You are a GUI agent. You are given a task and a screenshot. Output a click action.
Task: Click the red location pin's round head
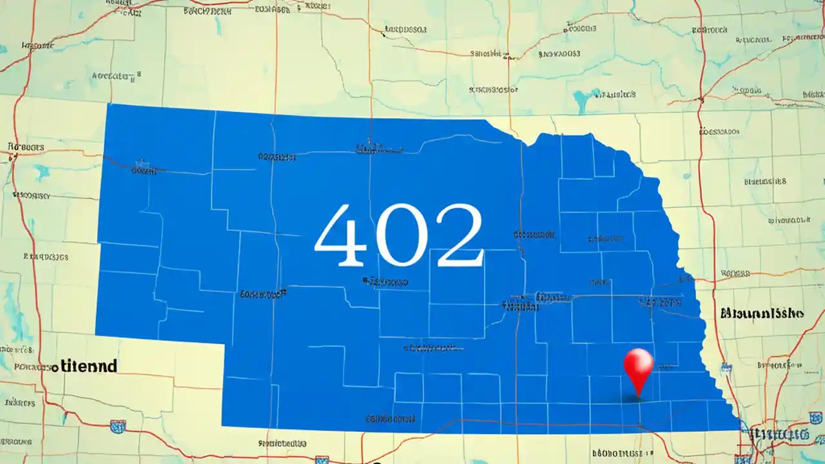click(x=638, y=362)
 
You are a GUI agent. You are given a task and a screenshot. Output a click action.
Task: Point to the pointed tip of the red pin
click(x=638, y=396)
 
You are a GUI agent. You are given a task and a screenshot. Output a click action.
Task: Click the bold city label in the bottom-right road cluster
click(x=783, y=433)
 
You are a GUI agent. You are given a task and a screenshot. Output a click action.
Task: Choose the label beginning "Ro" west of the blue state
click(x=27, y=148)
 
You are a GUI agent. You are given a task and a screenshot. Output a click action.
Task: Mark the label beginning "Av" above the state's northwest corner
click(x=116, y=76)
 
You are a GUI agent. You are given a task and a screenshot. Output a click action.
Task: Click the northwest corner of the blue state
click(x=108, y=105)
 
